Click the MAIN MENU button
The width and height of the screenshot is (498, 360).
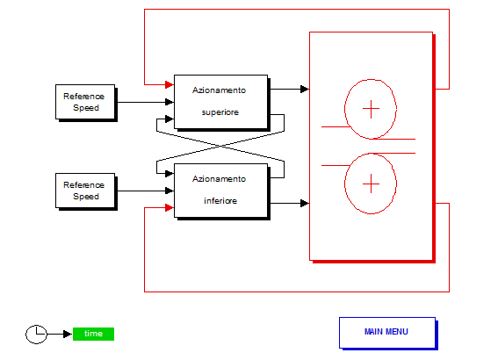click(x=387, y=333)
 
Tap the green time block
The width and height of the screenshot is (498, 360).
click(x=93, y=334)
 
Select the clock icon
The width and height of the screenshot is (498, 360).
click(x=36, y=335)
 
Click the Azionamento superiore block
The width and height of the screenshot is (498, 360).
click(x=221, y=102)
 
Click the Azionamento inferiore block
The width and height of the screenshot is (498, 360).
click(x=221, y=191)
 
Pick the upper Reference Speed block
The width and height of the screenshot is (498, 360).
click(x=86, y=102)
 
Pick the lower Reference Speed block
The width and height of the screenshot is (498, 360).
click(x=86, y=191)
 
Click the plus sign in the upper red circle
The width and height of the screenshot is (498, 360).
click(x=371, y=109)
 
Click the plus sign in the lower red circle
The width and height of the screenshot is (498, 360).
click(x=371, y=184)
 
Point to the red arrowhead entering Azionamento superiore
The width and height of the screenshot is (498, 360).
click(x=170, y=84)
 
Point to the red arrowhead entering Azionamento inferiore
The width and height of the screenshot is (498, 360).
click(x=170, y=207)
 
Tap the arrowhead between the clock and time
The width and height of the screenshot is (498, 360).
click(x=68, y=334)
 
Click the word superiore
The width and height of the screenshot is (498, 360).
click(x=220, y=112)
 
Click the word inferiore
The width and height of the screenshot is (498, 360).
click(x=220, y=201)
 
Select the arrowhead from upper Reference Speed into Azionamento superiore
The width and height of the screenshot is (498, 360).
click(x=170, y=102)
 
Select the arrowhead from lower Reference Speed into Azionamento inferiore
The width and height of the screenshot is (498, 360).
click(x=170, y=191)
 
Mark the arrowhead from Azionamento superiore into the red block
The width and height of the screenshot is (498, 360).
click(x=305, y=89)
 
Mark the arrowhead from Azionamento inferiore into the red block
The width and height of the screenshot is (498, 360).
click(x=305, y=203)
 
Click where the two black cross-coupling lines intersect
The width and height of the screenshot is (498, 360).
click(x=220, y=146)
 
